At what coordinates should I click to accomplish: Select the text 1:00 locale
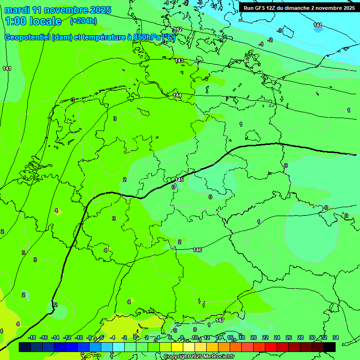33,21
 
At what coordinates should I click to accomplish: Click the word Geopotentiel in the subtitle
27,37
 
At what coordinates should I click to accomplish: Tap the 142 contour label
177,30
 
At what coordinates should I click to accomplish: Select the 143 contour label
180,61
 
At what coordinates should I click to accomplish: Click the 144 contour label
177,96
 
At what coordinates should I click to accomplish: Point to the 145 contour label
179,180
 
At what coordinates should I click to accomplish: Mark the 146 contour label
197,250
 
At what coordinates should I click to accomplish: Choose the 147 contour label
220,320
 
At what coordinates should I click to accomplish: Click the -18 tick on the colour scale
32,337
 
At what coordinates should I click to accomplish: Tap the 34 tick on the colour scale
336,337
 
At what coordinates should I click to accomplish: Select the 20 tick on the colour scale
254,337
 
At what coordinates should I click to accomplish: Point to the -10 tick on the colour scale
79,337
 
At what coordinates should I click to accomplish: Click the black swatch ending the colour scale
330,347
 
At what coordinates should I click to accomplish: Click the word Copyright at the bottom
177,357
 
